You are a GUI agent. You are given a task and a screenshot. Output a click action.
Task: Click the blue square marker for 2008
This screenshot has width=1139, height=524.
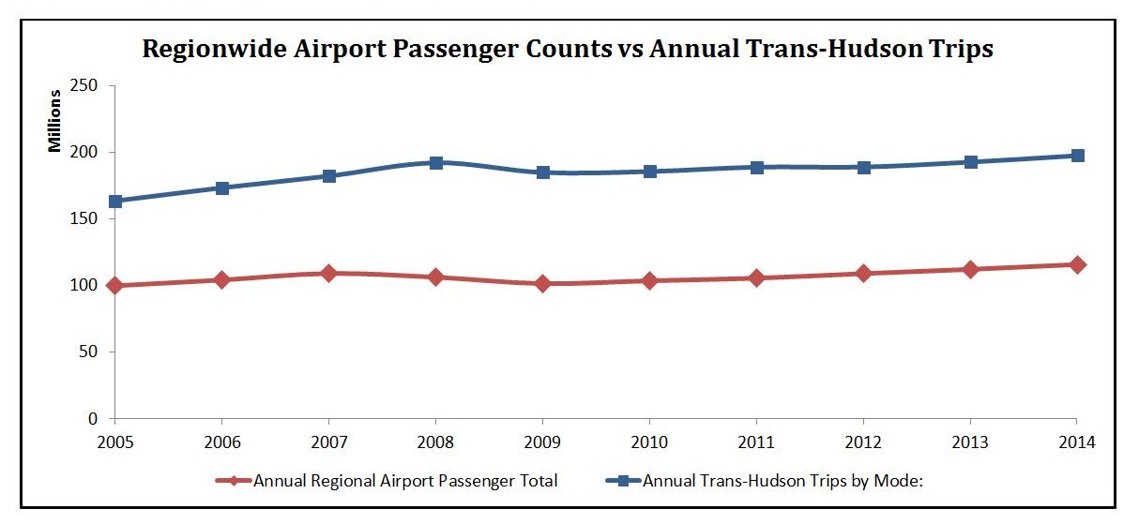point(436,162)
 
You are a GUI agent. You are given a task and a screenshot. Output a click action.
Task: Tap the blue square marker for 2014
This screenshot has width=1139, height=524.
point(1078,156)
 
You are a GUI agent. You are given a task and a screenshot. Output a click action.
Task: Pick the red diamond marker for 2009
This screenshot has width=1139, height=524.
point(543,283)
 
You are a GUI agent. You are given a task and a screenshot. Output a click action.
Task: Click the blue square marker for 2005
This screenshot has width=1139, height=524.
point(115,202)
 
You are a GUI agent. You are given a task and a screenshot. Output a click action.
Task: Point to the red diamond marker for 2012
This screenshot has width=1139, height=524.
point(864,273)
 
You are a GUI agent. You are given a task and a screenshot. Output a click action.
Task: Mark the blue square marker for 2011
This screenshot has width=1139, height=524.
point(757,167)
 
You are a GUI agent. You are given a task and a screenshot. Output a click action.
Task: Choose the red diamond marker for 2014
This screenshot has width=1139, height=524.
point(1078,264)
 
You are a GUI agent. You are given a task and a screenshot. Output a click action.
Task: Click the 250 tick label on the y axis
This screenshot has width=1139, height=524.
point(89,86)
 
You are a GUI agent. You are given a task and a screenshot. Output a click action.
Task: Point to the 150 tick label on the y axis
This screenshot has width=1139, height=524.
point(89,219)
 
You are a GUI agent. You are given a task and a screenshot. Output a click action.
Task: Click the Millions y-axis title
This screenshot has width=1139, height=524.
point(55,120)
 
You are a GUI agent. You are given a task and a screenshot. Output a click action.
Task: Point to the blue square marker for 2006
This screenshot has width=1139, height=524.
point(222,187)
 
